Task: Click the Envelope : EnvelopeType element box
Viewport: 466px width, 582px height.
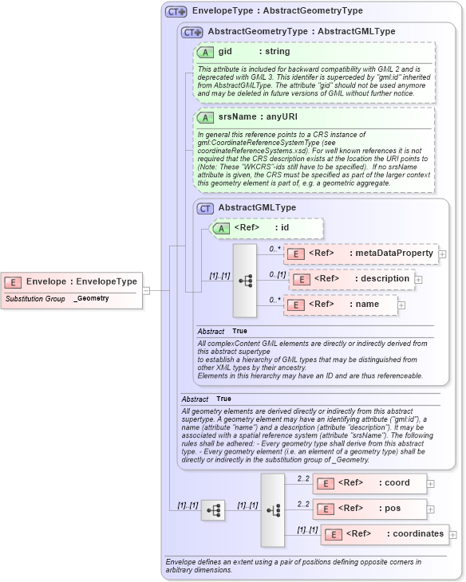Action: point(72,281)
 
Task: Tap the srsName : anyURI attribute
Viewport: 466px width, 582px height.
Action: point(247,117)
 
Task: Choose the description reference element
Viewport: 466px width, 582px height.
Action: point(351,279)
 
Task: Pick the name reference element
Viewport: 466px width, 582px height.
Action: point(342,305)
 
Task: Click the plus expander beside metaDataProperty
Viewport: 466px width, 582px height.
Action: point(443,254)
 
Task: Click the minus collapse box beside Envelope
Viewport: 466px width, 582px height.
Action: point(146,290)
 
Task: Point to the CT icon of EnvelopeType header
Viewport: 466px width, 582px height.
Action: point(176,12)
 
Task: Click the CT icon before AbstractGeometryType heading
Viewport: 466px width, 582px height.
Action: point(192,33)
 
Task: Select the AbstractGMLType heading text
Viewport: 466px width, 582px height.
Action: point(257,208)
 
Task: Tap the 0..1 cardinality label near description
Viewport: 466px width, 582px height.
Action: point(277,273)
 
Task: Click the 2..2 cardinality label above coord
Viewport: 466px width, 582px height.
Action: point(303,478)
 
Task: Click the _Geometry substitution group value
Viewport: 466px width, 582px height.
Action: point(92,298)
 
